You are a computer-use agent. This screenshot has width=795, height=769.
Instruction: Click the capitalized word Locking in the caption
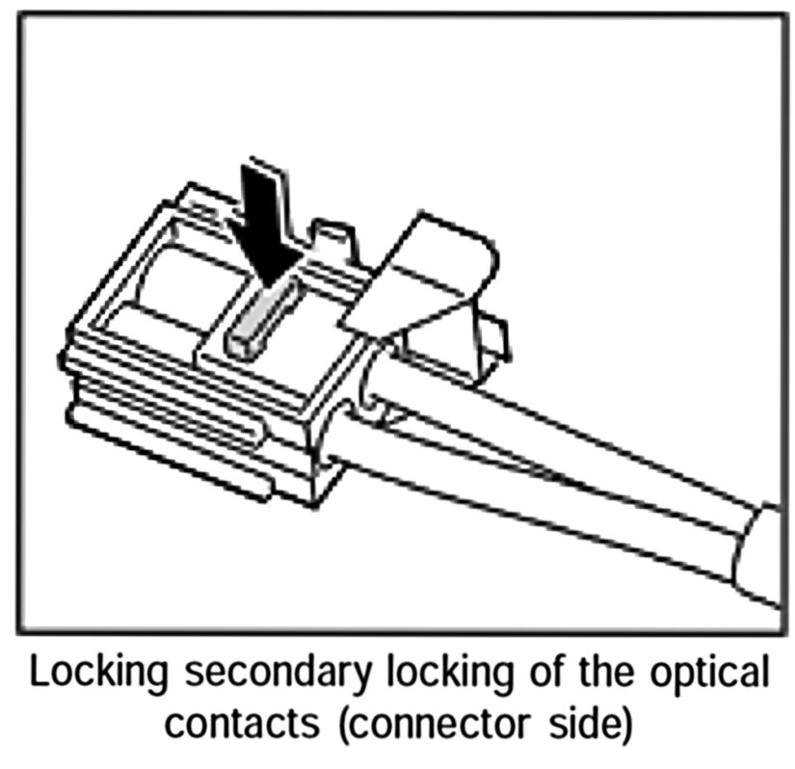point(100,673)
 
